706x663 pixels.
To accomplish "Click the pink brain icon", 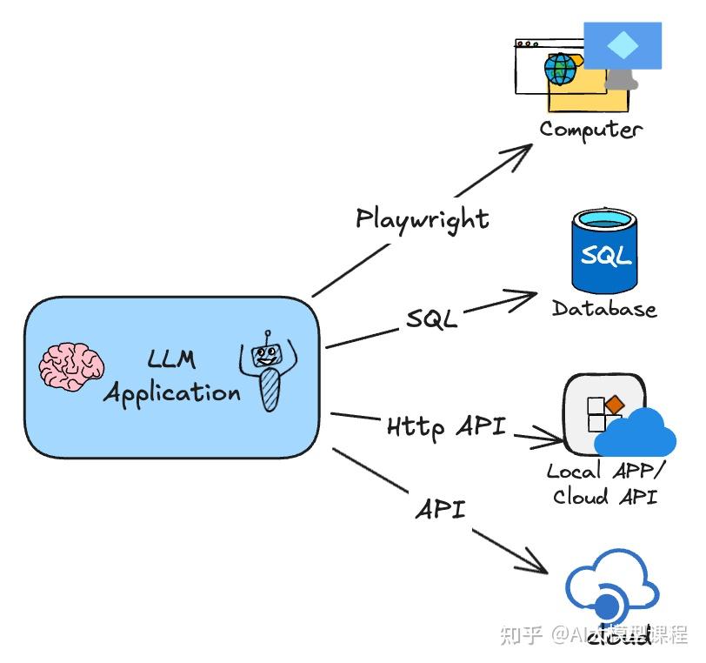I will click(72, 365).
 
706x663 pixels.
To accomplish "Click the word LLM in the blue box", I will click(171, 358).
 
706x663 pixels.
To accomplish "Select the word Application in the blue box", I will click(171, 393).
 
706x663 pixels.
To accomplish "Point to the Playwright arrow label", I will click(423, 218).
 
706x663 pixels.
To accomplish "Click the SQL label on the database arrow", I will click(431, 319).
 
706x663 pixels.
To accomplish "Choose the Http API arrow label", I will click(445, 426).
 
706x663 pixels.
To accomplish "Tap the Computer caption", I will click(590, 130).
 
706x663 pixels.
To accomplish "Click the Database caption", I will click(604, 309).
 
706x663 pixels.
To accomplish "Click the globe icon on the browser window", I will click(560, 67).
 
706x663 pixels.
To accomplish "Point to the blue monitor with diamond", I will click(622, 48).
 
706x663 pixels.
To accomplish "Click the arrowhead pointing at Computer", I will click(523, 151).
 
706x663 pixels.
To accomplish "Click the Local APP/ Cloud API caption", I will click(604, 484).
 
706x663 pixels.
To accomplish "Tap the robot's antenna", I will click(269, 335).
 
